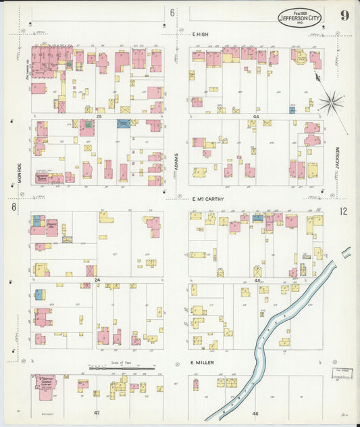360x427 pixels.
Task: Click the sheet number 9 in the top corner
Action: click(x=344, y=16)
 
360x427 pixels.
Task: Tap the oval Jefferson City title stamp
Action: click(x=300, y=18)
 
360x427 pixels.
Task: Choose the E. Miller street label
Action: click(x=202, y=362)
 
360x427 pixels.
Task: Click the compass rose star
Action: click(x=330, y=103)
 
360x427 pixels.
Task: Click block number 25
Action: click(x=99, y=116)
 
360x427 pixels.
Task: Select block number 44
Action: click(x=256, y=116)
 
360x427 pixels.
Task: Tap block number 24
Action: click(x=97, y=280)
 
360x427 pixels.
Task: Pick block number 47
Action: click(x=97, y=411)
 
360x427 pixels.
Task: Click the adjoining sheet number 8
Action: click(x=13, y=207)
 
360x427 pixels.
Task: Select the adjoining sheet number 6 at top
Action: click(x=172, y=13)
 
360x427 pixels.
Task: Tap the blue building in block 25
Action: click(x=123, y=124)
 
